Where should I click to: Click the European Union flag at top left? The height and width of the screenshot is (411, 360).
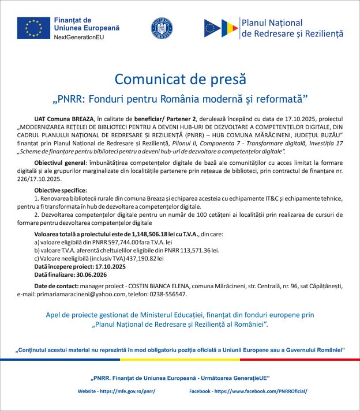[33, 28]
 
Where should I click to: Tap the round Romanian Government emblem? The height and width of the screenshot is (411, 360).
[162, 28]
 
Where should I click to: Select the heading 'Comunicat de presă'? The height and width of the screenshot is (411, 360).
[180, 78]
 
